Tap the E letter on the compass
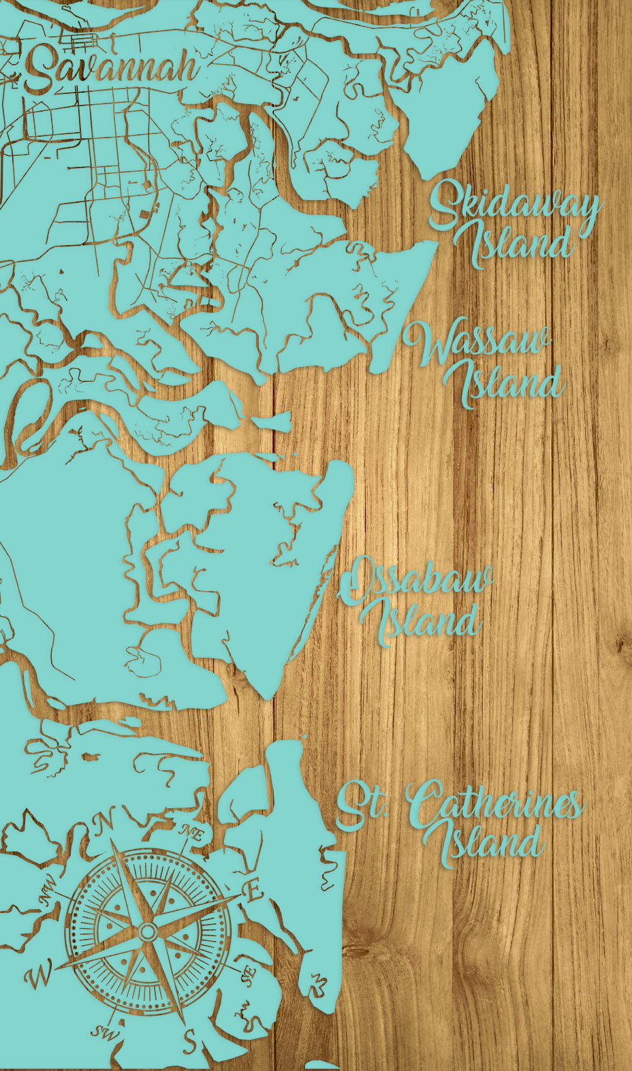coord(253,891)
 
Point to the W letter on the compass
coord(38,978)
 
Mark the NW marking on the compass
coord(50,900)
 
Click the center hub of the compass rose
coord(148,931)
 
